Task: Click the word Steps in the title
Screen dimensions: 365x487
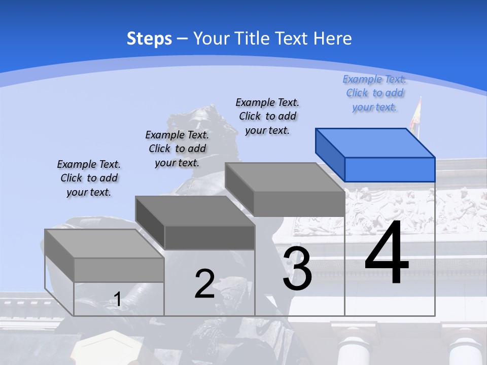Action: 149,39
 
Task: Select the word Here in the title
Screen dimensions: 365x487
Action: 333,39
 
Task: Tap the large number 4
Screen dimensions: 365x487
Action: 387,253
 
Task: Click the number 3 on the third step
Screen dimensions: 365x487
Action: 297,268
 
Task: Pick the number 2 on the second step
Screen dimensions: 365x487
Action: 204,284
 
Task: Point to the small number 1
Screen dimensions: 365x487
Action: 117,299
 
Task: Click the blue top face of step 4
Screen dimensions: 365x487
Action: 375,143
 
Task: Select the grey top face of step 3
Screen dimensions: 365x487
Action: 284,177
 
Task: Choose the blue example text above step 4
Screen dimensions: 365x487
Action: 374,93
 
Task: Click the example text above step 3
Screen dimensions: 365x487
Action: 267,116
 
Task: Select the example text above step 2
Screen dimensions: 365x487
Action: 177,149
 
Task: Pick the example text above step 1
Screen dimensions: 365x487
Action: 89,178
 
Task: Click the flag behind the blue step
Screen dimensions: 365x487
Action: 416,116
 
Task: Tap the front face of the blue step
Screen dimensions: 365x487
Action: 390,169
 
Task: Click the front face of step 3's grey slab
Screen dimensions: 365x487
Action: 299,204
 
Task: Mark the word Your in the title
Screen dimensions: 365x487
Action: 211,39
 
